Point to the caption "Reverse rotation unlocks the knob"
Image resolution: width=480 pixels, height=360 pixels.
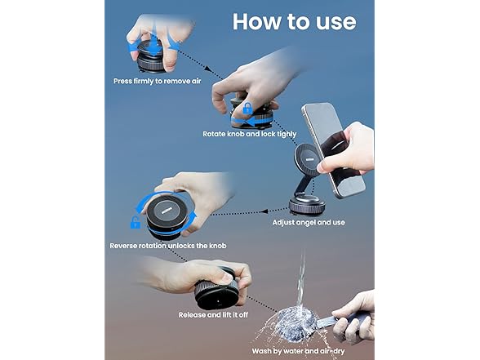167,246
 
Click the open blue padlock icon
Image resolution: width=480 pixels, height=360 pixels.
136,222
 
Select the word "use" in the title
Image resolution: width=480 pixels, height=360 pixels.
333,21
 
